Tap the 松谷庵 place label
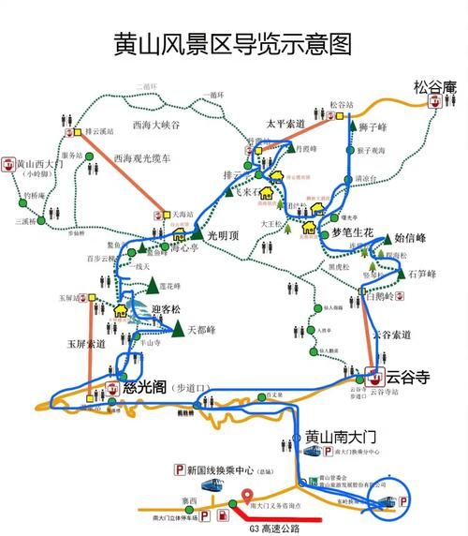tap(433, 87)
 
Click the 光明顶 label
tap(225, 236)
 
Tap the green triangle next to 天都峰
tap(177, 329)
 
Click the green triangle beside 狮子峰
tap(354, 125)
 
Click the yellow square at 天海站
tap(168, 215)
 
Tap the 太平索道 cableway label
tap(286, 122)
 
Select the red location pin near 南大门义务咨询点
tap(247, 497)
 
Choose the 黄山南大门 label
tap(341, 438)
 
